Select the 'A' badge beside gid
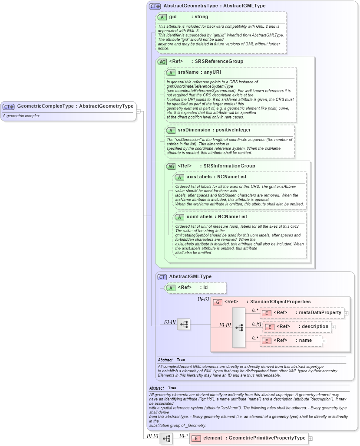[x=162, y=17]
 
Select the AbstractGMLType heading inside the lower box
[x=190, y=277]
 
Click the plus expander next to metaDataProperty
[x=346, y=313]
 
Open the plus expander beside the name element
[x=324, y=341]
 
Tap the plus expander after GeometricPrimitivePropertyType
[x=310, y=439]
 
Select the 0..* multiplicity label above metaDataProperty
[x=255, y=310]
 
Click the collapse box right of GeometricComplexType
[x=138, y=111]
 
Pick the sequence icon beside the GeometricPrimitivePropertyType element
[x=166, y=439]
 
